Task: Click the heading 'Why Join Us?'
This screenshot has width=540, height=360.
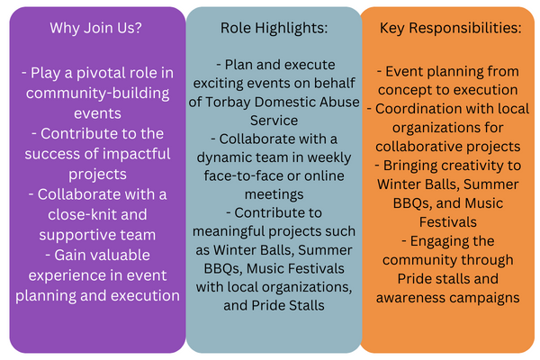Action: [x=95, y=28]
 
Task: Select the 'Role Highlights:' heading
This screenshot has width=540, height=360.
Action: [x=274, y=28]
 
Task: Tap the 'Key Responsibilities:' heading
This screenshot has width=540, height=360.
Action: [x=451, y=28]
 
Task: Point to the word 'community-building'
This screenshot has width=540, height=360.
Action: [x=97, y=94]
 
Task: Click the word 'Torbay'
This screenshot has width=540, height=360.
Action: [x=228, y=103]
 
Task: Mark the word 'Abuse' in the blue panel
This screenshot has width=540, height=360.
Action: [x=339, y=102]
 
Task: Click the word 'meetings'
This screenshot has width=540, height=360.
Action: [x=274, y=195]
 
